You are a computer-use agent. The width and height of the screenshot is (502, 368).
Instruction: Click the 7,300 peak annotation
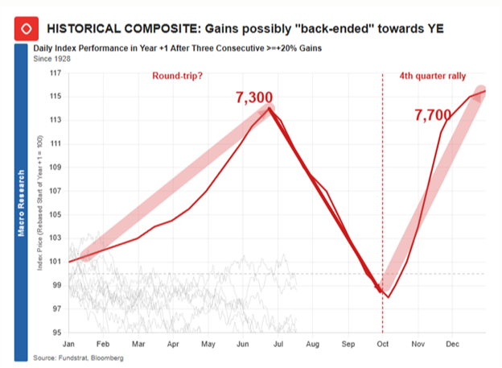pyautogui.click(x=254, y=97)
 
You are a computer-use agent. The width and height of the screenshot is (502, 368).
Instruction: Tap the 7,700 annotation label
pyautogui.click(x=433, y=116)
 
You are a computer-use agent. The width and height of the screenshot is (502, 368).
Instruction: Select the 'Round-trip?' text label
pyautogui.click(x=179, y=76)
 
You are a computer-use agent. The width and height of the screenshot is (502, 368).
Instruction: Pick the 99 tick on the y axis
pyautogui.click(x=56, y=285)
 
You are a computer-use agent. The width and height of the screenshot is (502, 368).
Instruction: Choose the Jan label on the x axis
pyautogui.click(x=70, y=343)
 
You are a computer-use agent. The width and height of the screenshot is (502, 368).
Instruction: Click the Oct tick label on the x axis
pyautogui.click(x=382, y=343)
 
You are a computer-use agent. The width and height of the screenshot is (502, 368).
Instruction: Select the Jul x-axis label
pyautogui.click(x=278, y=343)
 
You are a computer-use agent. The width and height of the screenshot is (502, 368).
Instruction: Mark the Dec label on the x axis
pyautogui.click(x=452, y=343)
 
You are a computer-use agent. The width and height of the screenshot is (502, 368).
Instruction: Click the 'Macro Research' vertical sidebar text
pyautogui.click(x=21, y=202)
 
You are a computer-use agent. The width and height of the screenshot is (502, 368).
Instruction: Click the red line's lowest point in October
pyautogui.click(x=389, y=297)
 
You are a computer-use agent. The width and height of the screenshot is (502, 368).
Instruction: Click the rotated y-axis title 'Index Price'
pyautogui.click(x=39, y=209)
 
